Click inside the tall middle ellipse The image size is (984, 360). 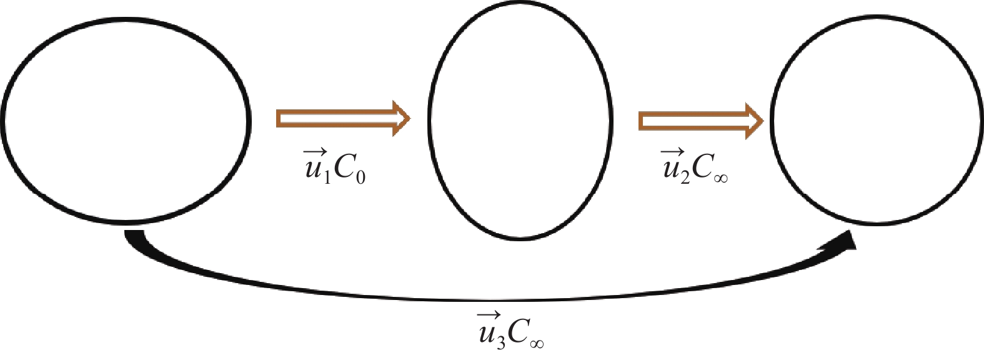click(x=520, y=122)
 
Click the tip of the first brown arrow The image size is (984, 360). click(x=408, y=118)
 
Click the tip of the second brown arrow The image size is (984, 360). click(x=762, y=121)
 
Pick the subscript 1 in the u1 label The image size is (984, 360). click(x=327, y=176)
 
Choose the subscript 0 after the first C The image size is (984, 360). click(x=360, y=177)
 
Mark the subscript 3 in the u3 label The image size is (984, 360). click(x=501, y=342)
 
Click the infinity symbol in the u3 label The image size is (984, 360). click(x=536, y=342)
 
